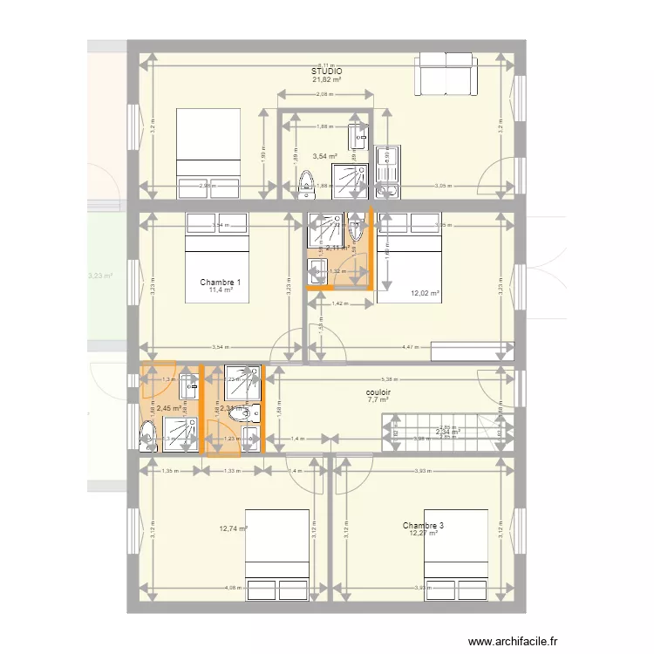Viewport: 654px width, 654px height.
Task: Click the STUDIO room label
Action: point(326,72)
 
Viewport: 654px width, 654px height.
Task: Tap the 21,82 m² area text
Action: point(326,80)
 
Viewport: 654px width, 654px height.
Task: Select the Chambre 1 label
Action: point(220,283)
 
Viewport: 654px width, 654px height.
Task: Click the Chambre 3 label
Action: point(423,526)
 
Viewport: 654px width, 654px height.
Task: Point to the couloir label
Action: point(378,392)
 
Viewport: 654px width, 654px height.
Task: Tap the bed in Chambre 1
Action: point(217,257)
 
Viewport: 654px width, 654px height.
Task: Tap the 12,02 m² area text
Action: point(426,294)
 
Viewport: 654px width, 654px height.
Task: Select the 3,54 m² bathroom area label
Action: point(326,156)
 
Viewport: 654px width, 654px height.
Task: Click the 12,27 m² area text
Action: point(423,534)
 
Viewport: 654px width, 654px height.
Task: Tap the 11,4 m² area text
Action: point(220,290)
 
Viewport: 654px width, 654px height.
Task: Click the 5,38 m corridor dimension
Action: point(385,379)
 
